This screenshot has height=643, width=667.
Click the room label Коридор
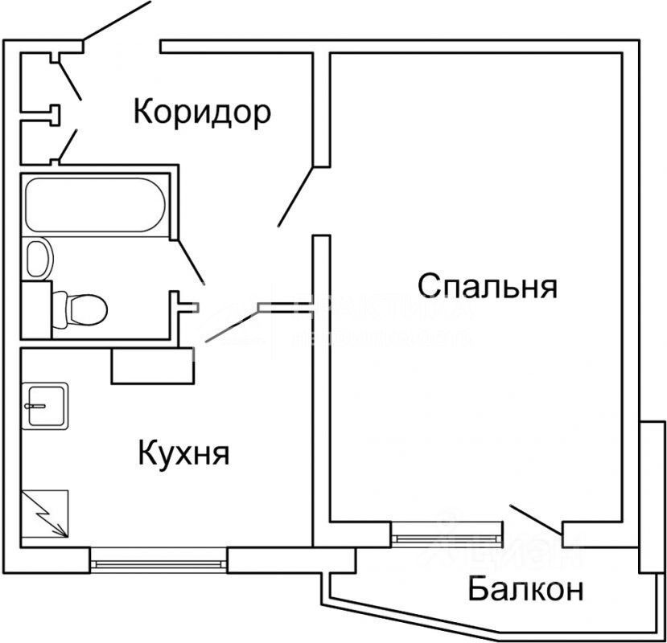[x=202, y=113]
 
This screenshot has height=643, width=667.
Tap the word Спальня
[x=488, y=285]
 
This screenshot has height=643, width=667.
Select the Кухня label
[x=184, y=454]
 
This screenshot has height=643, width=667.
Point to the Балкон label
[x=525, y=591]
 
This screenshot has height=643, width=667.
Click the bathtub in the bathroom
[x=95, y=205]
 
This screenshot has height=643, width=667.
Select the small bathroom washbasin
[x=38, y=258]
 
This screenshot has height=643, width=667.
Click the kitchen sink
[x=45, y=405]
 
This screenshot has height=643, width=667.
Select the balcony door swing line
[x=536, y=519]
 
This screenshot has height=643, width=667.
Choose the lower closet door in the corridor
[x=68, y=145]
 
